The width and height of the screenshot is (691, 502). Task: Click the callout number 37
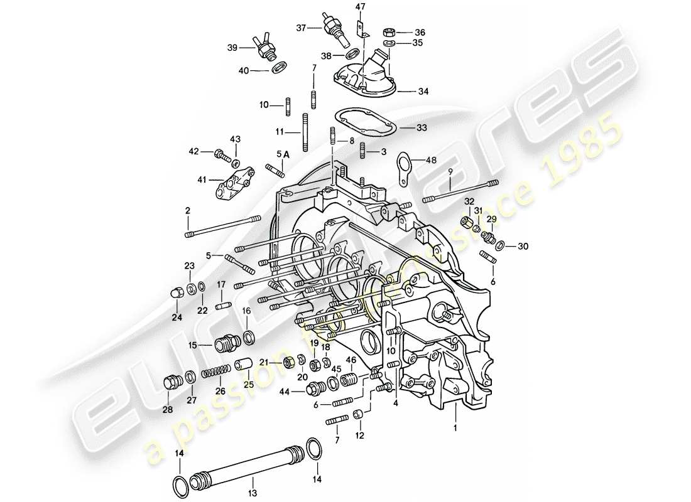click(301, 28)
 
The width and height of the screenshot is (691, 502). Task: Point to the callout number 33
click(421, 127)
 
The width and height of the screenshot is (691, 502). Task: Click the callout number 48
click(431, 160)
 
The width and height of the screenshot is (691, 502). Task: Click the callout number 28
click(168, 410)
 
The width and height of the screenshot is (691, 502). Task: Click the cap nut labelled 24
click(178, 293)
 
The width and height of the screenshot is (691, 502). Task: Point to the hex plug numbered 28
click(170, 382)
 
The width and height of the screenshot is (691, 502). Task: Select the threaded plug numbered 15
click(227, 344)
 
